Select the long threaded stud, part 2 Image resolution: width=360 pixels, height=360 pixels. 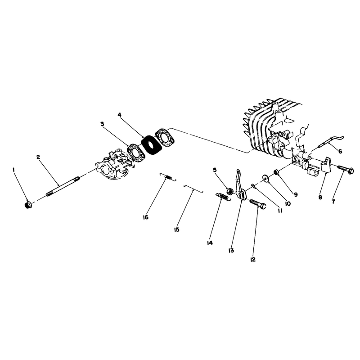63,186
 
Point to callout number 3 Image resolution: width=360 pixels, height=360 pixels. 102,124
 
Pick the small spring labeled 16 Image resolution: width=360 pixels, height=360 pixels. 168,176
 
